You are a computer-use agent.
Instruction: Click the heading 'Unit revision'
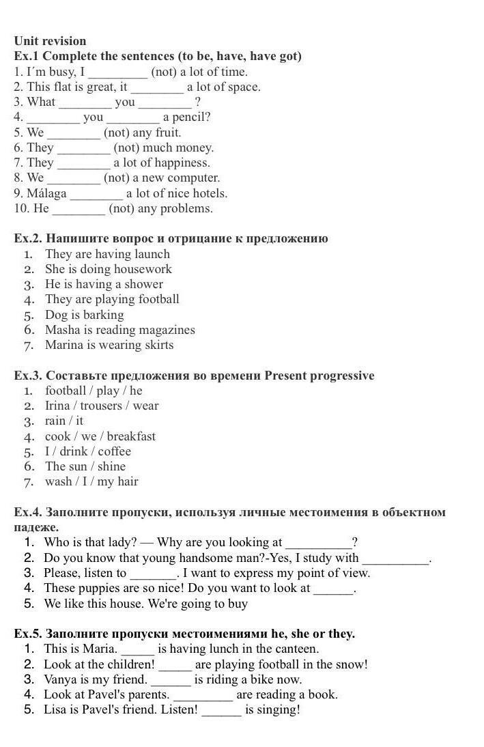tap(50, 41)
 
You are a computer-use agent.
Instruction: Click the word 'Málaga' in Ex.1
tap(46, 193)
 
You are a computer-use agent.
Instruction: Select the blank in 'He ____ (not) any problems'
tap(79, 209)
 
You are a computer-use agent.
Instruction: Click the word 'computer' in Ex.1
tap(194, 178)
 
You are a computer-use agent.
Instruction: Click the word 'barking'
tap(104, 315)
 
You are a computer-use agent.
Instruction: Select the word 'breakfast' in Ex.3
tap(131, 436)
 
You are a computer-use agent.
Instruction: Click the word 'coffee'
tap(115, 451)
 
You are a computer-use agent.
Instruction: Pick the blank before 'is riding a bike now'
tap(171, 679)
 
